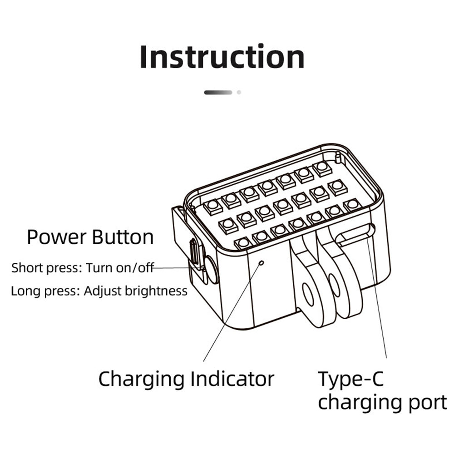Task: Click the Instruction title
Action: (222, 57)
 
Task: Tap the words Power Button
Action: (90, 237)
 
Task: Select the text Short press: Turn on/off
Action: (83, 267)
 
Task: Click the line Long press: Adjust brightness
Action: (99, 291)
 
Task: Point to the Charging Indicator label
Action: (186, 379)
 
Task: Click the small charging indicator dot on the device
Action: (261, 262)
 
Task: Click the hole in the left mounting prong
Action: (308, 295)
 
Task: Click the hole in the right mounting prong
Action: (335, 285)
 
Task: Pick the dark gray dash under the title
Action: (218, 92)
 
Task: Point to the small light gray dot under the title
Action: (239, 92)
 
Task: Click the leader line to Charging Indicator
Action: (232, 313)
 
